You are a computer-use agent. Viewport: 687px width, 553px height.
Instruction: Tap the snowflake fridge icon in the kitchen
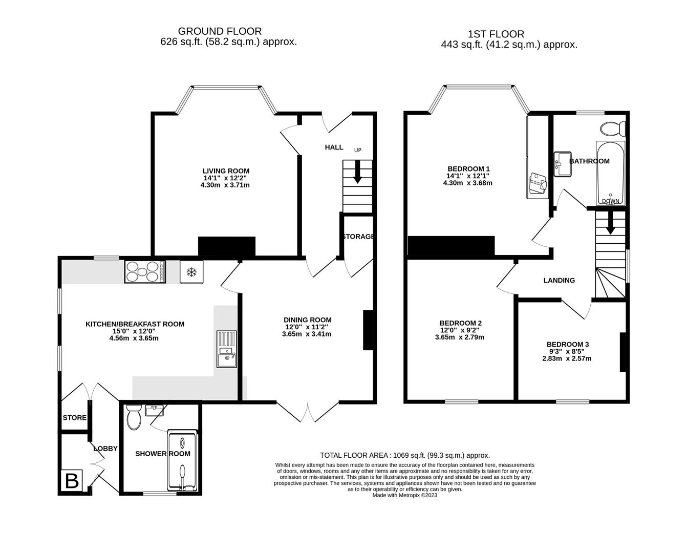pos(191,272)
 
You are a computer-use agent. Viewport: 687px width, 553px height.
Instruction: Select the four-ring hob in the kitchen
pos(145,271)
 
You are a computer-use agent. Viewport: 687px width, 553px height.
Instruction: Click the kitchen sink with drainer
pos(226,349)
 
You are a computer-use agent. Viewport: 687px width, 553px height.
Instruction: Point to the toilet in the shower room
pos(134,417)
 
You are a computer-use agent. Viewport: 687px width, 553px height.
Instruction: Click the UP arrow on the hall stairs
pos(357,173)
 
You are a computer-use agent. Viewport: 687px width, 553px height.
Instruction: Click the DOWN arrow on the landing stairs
pos(610,224)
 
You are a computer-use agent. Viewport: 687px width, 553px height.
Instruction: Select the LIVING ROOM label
pos(226,171)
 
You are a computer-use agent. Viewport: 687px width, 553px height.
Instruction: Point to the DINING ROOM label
pos(309,320)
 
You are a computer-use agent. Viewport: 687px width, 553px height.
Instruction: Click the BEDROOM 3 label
pos(567,345)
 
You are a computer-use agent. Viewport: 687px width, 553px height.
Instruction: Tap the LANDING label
pos(559,281)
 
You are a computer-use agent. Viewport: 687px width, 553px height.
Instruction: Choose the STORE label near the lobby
pos(74,418)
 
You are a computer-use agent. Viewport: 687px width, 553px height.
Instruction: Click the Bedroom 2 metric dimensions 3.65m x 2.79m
pos(459,337)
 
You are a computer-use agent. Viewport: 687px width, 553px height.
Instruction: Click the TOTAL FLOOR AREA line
pos(404,455)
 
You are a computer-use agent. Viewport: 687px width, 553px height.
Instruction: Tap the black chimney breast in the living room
pos(226,246)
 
